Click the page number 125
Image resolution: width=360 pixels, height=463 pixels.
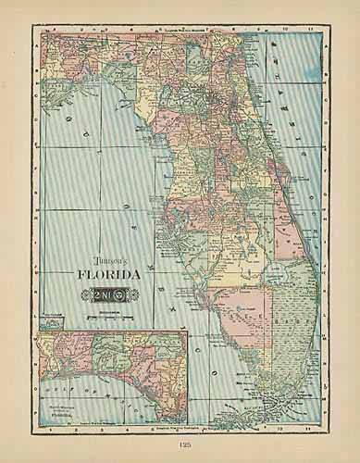[180, 445]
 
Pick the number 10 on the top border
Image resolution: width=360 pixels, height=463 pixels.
[283, 29]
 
